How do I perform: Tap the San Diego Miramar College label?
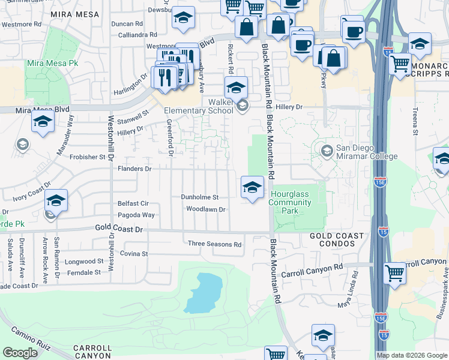click(366, 152)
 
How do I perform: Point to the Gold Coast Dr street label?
click(120, 229)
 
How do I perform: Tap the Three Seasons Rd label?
click(214, 244)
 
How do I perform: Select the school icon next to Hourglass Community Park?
click(253, 188)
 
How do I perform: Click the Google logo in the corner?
click(20, 353)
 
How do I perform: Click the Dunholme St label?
click(200, 197)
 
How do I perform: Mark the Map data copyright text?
click(411, 355)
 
